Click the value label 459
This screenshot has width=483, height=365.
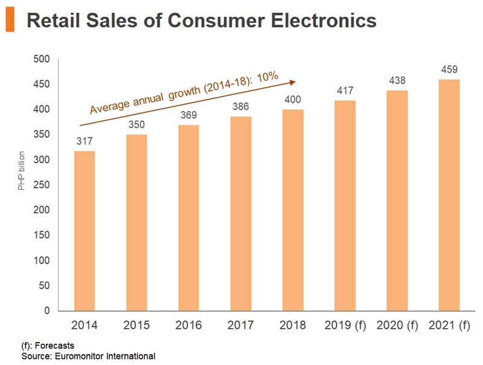point(449,69)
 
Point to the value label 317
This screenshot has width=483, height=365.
point(85,141)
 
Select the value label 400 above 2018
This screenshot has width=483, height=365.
point(293,100)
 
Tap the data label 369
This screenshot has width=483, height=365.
point(189,115)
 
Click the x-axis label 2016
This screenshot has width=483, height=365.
point(189,326)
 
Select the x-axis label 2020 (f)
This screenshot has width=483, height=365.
point(397,326)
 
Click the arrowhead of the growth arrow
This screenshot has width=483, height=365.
point(292,82)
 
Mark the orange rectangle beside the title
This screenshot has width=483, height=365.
point(10,21)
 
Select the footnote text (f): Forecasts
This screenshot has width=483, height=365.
point(48,346)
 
